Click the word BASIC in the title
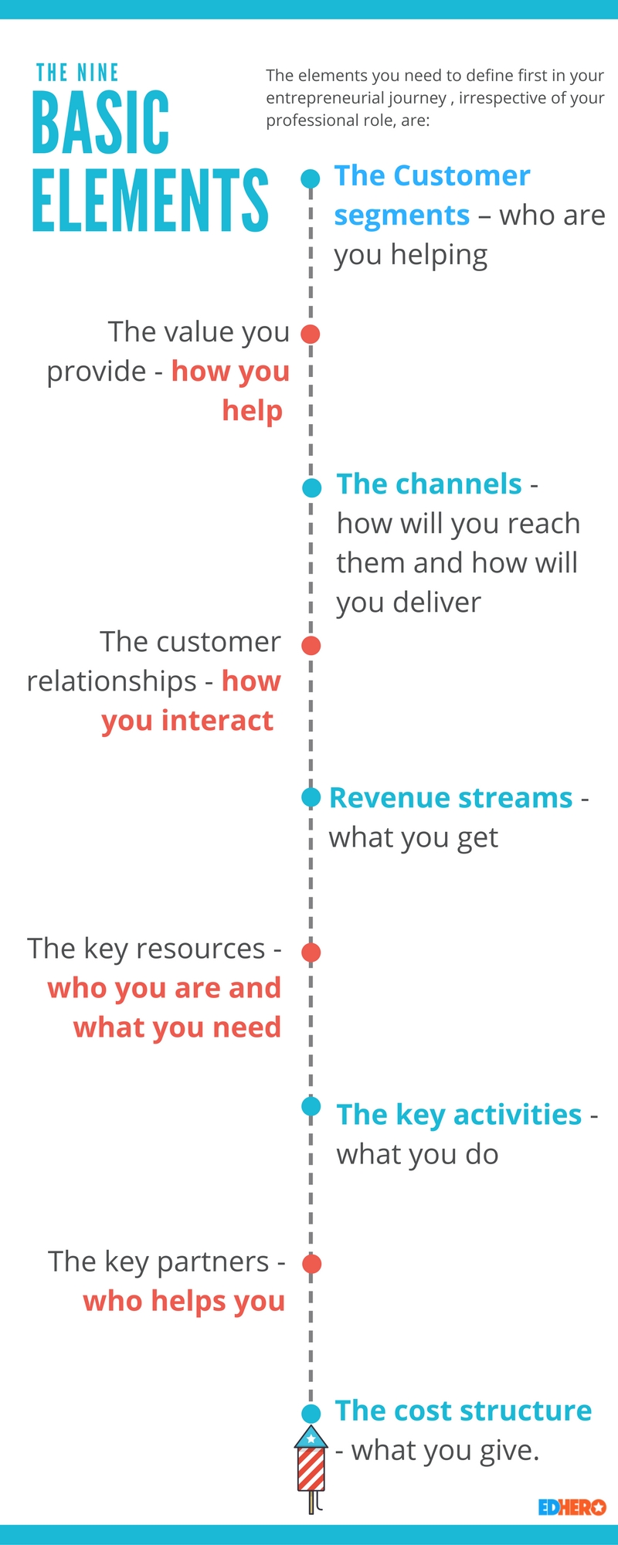point(100,122)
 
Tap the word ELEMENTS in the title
point(150,200)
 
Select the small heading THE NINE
point(77,73)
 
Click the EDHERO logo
point(572,1507)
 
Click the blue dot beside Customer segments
point(311,179)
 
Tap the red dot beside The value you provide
point(311,334)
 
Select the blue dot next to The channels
point(311,487)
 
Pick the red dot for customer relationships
point(311,646)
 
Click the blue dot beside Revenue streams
point(311,797)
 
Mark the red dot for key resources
point(311,952)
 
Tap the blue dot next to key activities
point(311,1107)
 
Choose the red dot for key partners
point(312,1264)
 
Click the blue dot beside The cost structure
point(311,1414)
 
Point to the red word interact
point(218,721)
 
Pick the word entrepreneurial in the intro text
point(356,98)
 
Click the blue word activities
point(518,1115)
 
